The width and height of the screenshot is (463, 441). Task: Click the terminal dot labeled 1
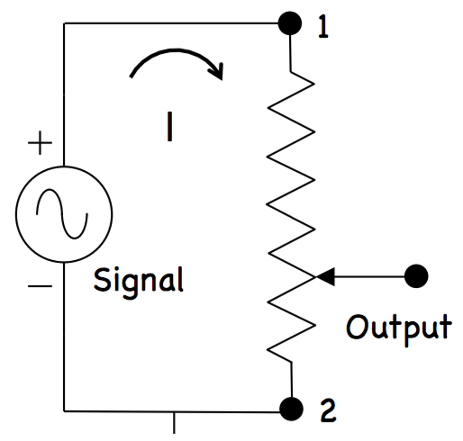pos(290,23)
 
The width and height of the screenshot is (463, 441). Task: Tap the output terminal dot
pos(416,276)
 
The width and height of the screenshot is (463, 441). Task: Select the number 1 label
pos(322,28)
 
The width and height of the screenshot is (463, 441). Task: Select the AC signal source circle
pos(64,214)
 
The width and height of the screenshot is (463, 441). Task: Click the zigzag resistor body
pos(291,203)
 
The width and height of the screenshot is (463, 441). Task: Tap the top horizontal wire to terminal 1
pos(172,23)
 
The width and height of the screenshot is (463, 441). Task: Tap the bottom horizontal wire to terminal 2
pos(172,411)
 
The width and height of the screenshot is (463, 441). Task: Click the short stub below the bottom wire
pos(174,422)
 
